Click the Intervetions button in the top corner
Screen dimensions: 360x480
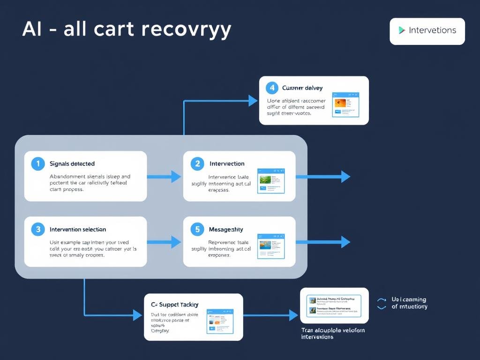[x=427, y=31]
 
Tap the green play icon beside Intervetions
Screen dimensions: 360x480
[x=402, y=30]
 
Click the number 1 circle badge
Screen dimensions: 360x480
[x=37, y=164]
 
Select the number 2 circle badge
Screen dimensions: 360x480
[x=197, y=164]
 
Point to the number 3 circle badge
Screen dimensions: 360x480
[x=37, y=229]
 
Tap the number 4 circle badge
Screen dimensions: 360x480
[x=271, y=88]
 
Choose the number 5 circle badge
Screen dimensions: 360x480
[x=197, y=229]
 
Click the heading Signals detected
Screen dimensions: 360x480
[x=72, y=164]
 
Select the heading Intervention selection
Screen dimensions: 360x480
[x=78, y=229]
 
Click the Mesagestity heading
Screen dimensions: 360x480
[x=226, y=229]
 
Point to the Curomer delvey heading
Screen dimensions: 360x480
[x=302, y=88]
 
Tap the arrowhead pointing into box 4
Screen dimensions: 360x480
[x=253, y=100]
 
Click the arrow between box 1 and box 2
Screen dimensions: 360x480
[x=164, y=177]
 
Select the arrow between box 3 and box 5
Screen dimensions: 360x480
[x=164, y=242]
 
